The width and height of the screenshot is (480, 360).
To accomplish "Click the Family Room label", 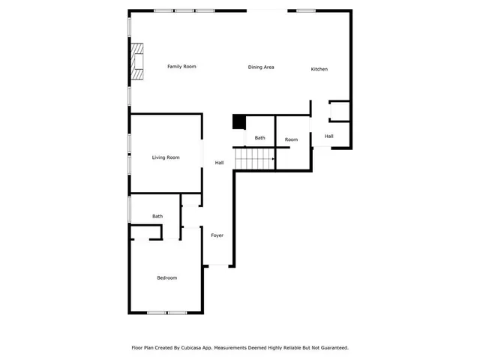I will [181, 67].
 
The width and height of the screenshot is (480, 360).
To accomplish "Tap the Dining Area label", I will [261, 67].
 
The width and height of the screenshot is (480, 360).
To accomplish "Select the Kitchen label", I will [319, 70].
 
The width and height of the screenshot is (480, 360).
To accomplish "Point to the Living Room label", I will [166, 157].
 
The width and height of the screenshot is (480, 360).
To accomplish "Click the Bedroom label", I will [166, 278].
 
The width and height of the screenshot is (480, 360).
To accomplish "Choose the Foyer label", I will [217, 235].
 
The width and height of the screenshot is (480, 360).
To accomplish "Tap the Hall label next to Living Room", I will [220, 163].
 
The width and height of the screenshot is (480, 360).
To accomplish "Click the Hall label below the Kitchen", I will [328, 136].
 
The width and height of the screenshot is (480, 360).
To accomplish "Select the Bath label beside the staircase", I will [259, 138].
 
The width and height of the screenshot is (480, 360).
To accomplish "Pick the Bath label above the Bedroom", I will [157, 217].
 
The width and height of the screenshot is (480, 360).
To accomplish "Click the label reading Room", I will [291, 139].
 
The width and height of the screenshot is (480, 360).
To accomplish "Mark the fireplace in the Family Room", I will [136, 61].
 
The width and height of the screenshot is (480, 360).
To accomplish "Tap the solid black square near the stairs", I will [239, 122].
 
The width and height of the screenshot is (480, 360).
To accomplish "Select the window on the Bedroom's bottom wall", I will [166, 313].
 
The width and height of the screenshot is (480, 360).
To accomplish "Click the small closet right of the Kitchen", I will [339, 111].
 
